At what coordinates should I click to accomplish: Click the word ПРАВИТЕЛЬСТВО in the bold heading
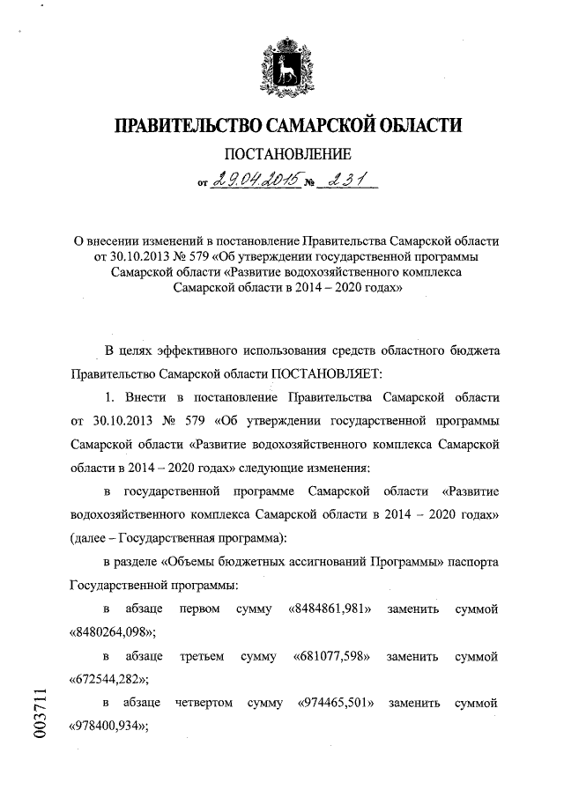184,125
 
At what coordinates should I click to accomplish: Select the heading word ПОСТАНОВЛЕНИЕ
283,154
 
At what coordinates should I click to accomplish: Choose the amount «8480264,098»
112,632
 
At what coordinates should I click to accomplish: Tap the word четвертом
205,704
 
